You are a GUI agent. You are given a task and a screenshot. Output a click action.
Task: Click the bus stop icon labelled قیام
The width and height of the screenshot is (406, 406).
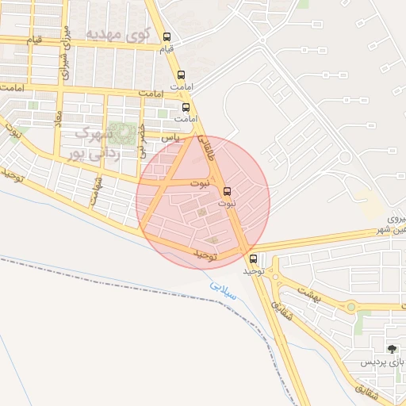[167, 37]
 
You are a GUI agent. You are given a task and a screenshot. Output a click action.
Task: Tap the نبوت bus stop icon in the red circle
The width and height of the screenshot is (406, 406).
[228, 191]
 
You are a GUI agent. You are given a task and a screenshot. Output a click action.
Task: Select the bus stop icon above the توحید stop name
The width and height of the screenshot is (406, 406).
[254, 259]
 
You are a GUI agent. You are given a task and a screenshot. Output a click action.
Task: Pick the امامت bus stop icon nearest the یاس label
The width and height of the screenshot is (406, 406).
[186, 108]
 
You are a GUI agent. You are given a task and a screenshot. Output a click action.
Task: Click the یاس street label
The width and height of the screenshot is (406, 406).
[168, 137]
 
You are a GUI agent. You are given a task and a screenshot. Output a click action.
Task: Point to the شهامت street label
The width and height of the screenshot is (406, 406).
[96, 190]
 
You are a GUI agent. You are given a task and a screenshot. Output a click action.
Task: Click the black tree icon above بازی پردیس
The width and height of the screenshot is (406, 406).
[391, 348]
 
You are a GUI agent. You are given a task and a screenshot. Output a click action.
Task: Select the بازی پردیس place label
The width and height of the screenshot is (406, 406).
[383, 362]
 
